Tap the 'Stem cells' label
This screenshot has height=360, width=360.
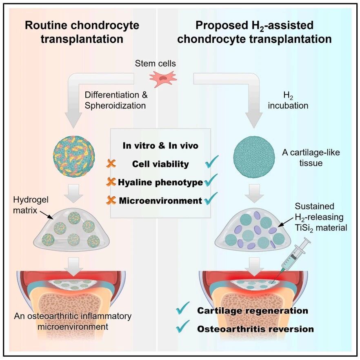click(156, 63)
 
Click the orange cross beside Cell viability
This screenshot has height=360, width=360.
click(111, 163)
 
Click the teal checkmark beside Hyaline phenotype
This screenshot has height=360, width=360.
click(211, 180)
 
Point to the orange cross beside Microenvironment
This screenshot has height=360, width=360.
click(111, 200)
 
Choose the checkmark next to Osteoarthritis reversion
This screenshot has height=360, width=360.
click(183, 326)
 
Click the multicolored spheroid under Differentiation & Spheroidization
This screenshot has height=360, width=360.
click(74, 156)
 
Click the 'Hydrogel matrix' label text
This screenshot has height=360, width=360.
click(31, 205)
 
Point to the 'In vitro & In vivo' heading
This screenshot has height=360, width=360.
click(160, 146)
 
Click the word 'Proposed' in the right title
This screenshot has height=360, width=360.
click(222, 25)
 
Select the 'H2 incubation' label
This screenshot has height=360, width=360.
click(288, 100)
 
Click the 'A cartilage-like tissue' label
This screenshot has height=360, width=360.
click(311, 158)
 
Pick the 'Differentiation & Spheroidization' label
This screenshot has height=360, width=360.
click(116, 100)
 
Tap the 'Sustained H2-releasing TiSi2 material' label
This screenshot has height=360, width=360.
click(321, 218)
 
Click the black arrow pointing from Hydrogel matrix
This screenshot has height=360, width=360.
click(47, 215)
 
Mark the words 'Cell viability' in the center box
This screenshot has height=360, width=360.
click(160, 164)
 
